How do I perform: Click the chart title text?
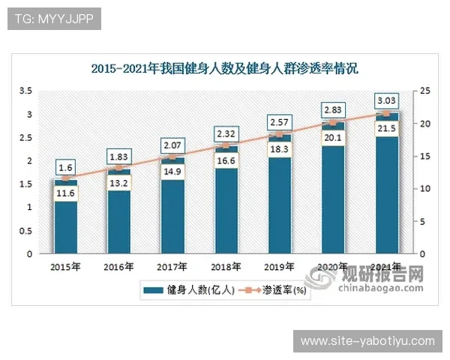(x=225, y=69)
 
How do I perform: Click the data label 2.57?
(x=279, y=121)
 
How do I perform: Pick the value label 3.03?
(x=386, y=100)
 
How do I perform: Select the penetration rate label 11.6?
(x=65, y=193)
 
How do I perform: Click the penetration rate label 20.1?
(x=332, y=137)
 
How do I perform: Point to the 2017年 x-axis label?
(x=172, y=266)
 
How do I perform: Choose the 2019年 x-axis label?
(x=279, y=266)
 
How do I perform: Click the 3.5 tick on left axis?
(x=25, y=91)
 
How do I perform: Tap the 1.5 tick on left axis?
(x=25, y=184)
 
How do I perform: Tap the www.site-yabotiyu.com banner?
(x=367, y=341)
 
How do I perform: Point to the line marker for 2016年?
(x=118, y=168)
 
